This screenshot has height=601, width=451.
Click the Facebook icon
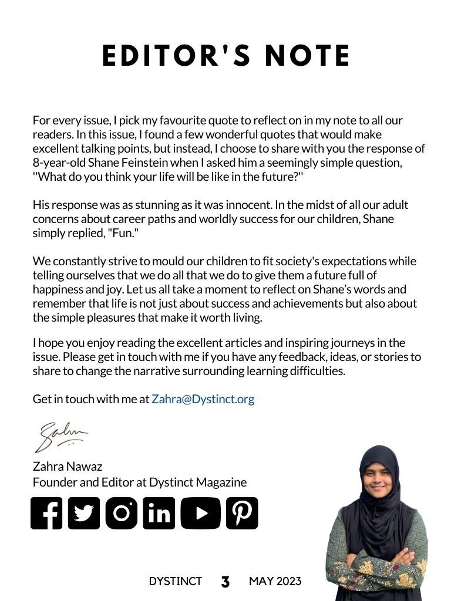click(x=46, y=514)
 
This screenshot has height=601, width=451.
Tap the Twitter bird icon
click(x=84, y=514)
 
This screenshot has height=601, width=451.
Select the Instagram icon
click(x=122, y=514)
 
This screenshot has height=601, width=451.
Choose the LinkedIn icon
click(x=159, y=514)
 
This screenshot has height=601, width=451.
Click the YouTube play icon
click(x=201, y=514)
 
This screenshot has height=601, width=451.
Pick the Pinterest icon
click(x=242, y=514)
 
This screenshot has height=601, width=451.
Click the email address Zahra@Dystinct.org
click(x=203, y=399)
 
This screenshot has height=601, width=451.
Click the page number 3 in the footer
click(x=225, y=582)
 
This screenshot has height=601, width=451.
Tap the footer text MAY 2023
click(x=275, y=582)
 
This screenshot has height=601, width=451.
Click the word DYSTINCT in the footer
click(x=175, y=582)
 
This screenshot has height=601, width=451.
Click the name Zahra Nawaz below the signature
click(x=68, y=467)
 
